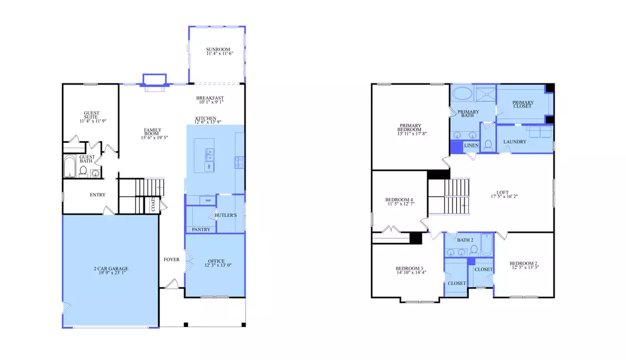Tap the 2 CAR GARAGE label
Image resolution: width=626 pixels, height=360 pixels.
coord(110,268)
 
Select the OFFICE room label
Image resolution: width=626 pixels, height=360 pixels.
coord(216,261)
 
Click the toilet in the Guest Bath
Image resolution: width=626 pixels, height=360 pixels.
coord(84,171)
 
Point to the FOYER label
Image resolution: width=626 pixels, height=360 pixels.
coord(172,260)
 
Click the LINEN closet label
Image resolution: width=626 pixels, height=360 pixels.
coord(471,145)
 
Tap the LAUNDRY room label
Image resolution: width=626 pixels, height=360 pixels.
coord(515,142)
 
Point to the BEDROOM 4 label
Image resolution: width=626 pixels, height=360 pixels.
coord(399,200)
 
